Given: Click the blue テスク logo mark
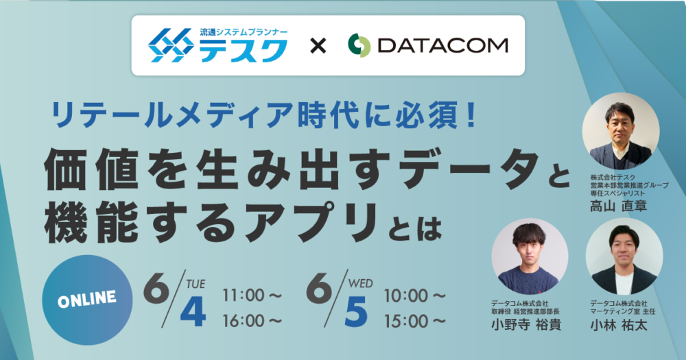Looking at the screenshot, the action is tap(171, 45).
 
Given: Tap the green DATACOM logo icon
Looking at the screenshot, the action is tap(359, 45).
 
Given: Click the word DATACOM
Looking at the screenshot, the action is tap(442, 45).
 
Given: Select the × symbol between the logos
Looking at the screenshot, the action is tap(318, 46).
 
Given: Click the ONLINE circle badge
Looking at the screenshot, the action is tap(87, 300).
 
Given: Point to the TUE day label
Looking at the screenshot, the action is tap(195, 285).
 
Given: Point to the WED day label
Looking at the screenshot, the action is tap(361, 283).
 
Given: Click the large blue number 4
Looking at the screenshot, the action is tap(193, 313).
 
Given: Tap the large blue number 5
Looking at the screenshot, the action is tap(355, 313).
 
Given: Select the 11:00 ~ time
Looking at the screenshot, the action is tap(252, 296).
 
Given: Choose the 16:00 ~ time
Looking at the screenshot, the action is tap(252, 322).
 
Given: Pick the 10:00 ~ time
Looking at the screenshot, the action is tap(415, 296).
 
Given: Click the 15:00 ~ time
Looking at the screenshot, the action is tap(415, 322).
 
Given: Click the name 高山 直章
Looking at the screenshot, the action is tap(618, 206).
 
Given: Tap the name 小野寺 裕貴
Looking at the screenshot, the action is tap(526, 324).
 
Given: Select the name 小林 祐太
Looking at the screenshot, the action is tap(618, 324).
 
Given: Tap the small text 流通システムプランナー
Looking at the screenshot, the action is tap(244, 32).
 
